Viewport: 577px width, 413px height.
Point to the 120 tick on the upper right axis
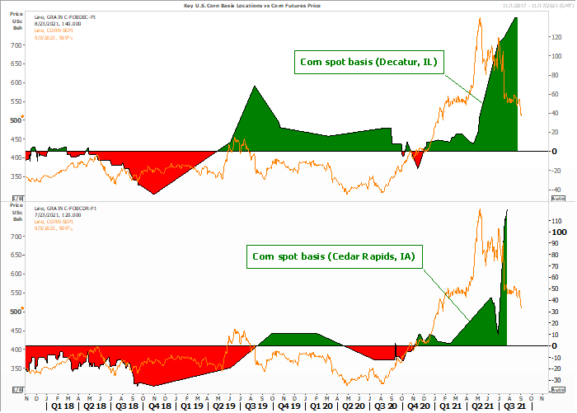tap(556, 38)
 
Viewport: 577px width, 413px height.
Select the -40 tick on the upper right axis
tap(556, 189)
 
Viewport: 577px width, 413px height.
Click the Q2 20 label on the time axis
tap(353, 406)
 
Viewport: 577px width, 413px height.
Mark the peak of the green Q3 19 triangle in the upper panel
tap(254, 86)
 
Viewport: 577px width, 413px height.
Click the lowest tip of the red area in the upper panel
tap(152, 195)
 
